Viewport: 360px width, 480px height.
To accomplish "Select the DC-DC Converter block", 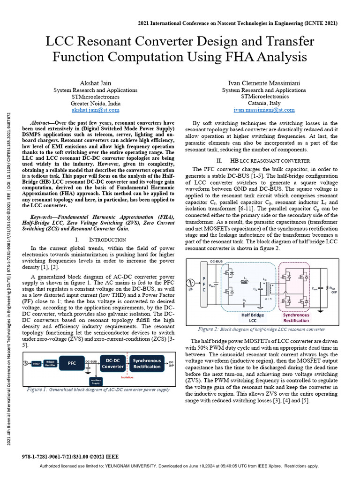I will pyautogui.click(x=113, y=363).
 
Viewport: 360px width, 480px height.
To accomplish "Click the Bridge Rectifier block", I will pyautogui.click(x=50, y=363).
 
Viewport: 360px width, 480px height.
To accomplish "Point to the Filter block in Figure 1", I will pyautogui.click(x=36, y=363).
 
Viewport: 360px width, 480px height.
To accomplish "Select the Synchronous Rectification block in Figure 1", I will pyautogui.click(x=147, y=363).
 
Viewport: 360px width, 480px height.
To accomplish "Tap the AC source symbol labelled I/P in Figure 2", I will pyautogui.click(x=190, y=283).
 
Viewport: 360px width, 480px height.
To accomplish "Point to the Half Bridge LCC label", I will pyautogui.click(x=253, y=317).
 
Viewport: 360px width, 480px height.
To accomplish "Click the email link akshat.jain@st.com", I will pyautogui.click(x=96, y=110).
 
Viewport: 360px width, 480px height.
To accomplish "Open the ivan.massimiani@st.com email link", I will pyautogui.click(x=264, y=110).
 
